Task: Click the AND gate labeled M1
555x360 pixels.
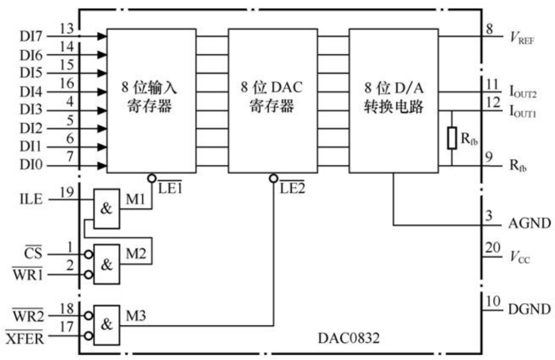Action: pos(106,203)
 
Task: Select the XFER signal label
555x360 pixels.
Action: pos(25,338)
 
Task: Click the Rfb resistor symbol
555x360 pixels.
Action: pos(451,138)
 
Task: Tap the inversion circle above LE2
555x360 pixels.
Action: pos(273,178)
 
